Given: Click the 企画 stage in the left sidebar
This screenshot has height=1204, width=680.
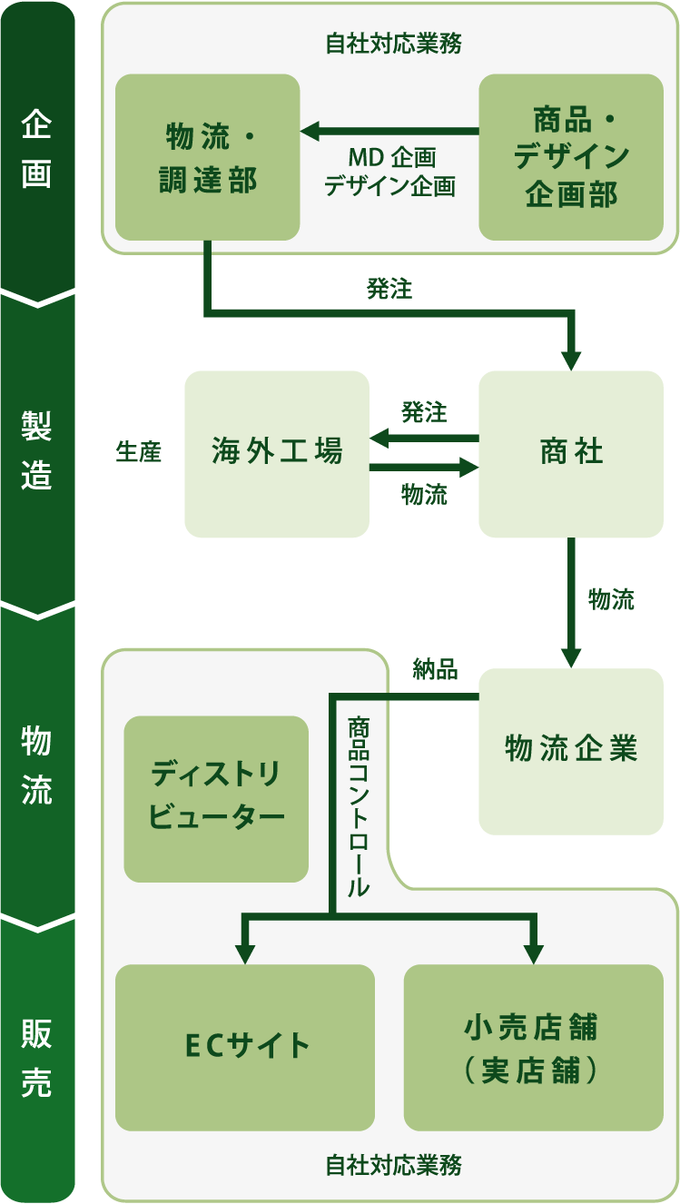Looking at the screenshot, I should click(x=36, y=150).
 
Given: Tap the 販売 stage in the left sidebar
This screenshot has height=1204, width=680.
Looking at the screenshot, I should click(x=36, y=1058).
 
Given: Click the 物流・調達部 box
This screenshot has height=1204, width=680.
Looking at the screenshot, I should click(x=208, y=158).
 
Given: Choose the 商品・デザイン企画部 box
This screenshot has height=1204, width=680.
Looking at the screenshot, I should click(x=571, y=158).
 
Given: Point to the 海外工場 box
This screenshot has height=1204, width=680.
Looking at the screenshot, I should click(x=277, y=454).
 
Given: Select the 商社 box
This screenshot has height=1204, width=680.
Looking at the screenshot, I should click(x=571, y=454).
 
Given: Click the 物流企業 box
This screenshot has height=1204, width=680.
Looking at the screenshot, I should click(x=571, y=751).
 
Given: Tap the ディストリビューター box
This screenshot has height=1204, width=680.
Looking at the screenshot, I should click(x=216, y=799).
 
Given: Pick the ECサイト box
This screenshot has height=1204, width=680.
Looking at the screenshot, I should click(x=245, y=1047).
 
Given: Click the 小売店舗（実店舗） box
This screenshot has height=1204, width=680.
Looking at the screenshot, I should click(x=533, y=1047).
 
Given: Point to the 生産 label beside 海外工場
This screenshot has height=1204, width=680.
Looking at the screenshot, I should click(x=139, y=452).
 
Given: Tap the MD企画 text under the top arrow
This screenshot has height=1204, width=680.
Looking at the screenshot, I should click(x=392, y=158).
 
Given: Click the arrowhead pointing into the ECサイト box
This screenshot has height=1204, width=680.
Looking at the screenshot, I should click(x=244, y=952).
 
